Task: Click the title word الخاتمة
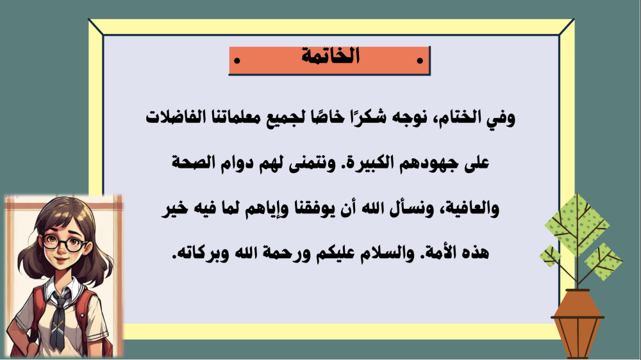(x=330, y=56)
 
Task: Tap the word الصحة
(x=193, y=162)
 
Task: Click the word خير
(x=174, y=208)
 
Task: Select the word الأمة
(x=444, y=252)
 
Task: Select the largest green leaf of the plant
(x=577, y=225)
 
